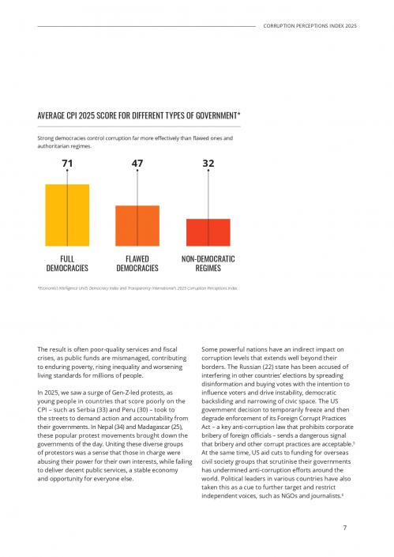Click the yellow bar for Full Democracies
tap(67, 214)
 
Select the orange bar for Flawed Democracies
tap(137, 225)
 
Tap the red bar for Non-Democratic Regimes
tap(208, 231)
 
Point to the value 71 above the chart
tap(67, 164)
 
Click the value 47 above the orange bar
tap(137, 164)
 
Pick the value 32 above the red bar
tap(208, 164)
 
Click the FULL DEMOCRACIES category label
tap(67, 263)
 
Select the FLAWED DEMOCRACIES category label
tap(137, 263)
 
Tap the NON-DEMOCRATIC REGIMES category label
tap(208, 263)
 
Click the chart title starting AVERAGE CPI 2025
tap(139, 116)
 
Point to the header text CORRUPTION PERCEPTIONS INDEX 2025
tap(310, 26)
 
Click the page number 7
tap(345, 529)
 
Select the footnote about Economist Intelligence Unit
tap(137, 288)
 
